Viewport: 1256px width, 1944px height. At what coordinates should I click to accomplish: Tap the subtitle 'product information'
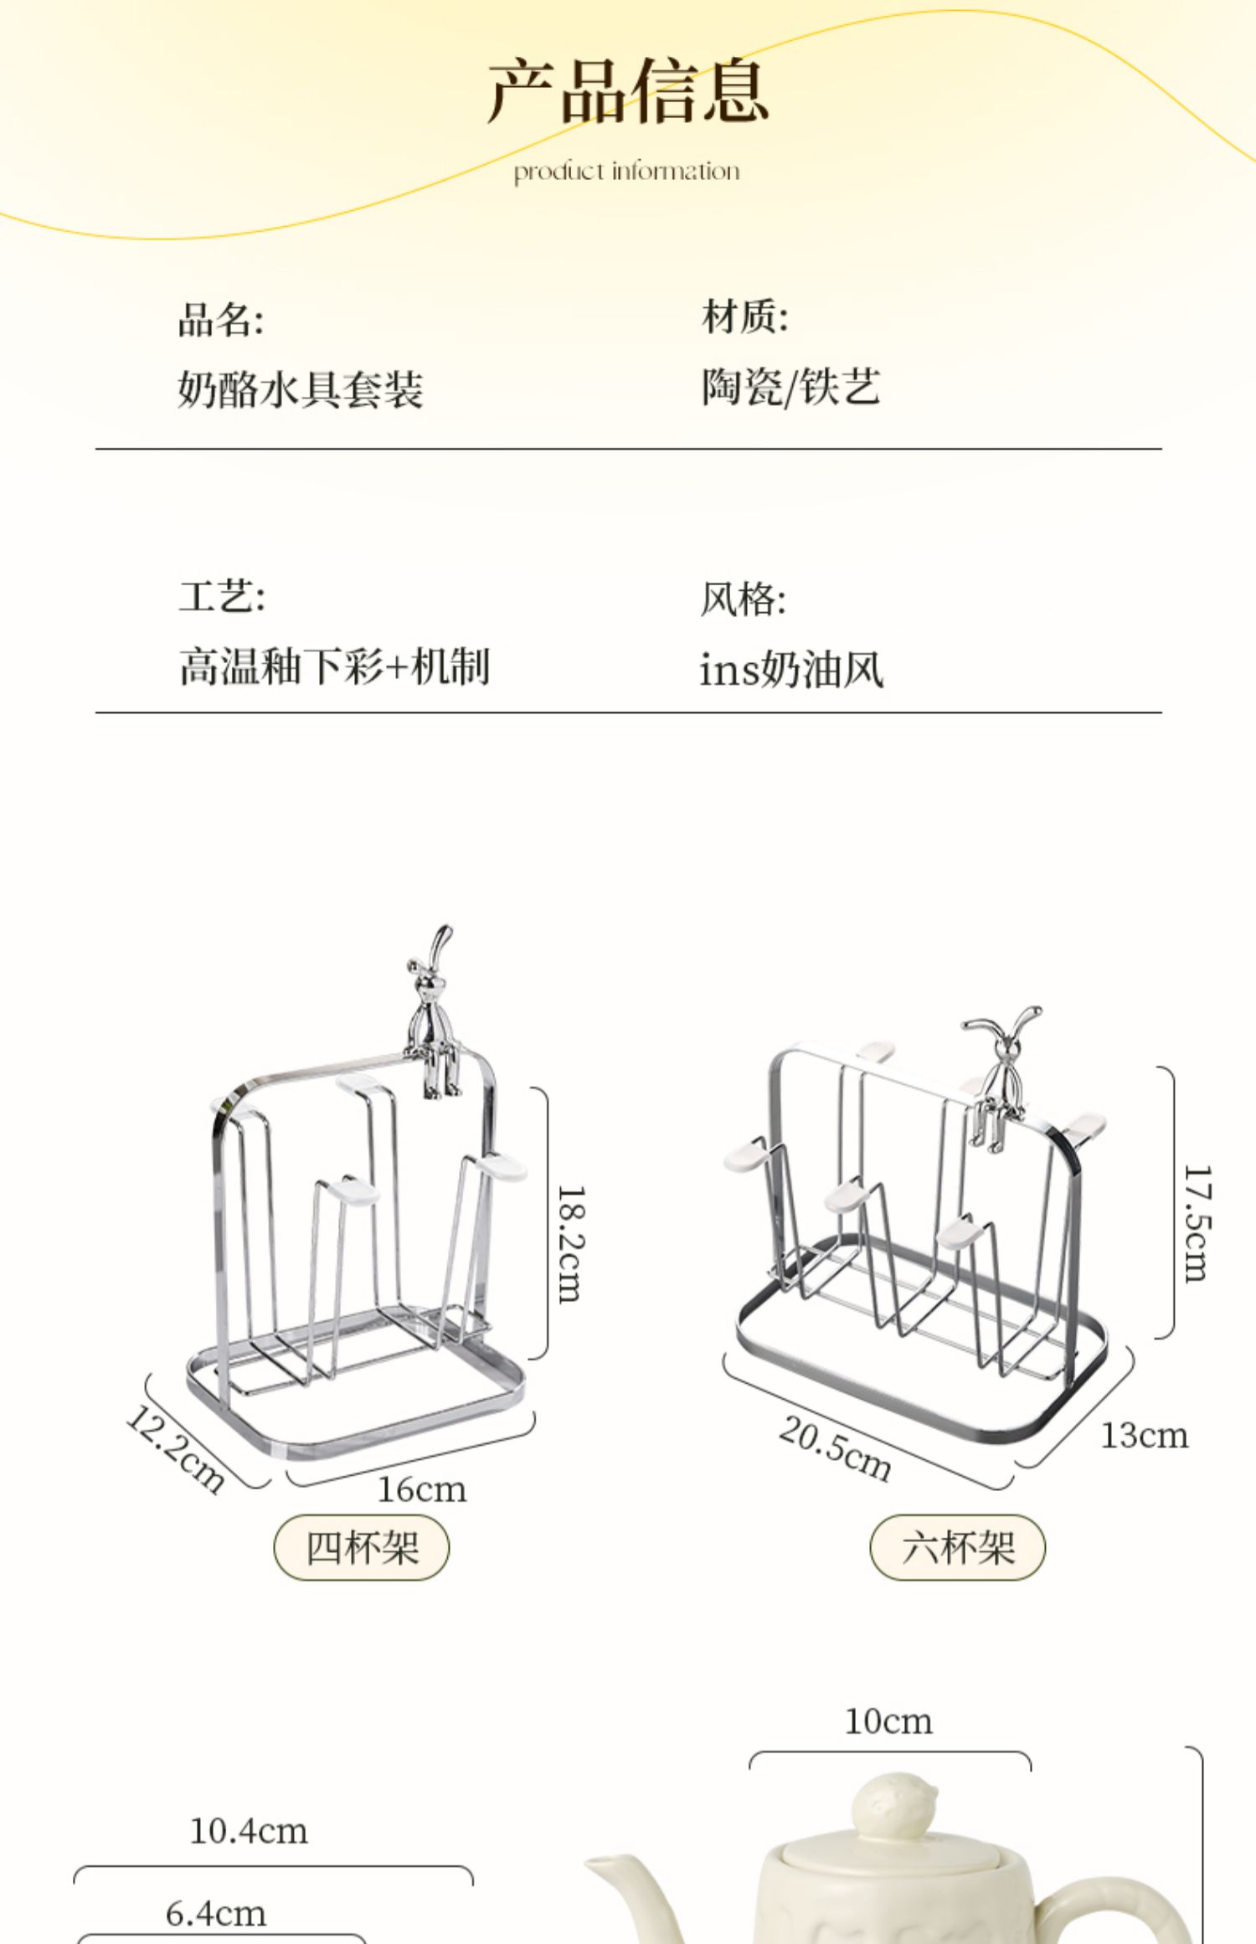[x=626, y=172]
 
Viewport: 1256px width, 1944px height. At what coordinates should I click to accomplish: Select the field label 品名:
[x=221, y=320]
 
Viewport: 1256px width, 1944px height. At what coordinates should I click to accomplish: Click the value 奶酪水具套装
[x=301, y=389]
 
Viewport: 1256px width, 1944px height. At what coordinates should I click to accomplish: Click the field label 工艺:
[x=222, y=597]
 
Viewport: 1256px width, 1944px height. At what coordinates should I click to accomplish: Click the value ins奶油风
[x=791, y=670]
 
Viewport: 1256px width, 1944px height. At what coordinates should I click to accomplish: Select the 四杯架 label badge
[x=362, y=1547]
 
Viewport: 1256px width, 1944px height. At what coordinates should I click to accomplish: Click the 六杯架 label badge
[x=958, y=1547]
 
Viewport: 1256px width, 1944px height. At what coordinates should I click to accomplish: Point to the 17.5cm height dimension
[x=1196, y=1223]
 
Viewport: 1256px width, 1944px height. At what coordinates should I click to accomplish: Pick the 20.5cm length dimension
[x=835, y=1449]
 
